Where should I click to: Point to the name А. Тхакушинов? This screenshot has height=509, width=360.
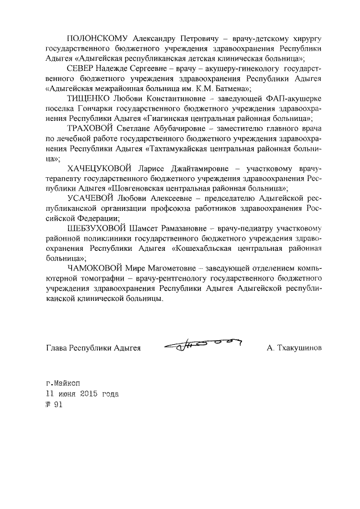[294, 348]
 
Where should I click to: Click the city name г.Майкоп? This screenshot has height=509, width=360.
[64, 383]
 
